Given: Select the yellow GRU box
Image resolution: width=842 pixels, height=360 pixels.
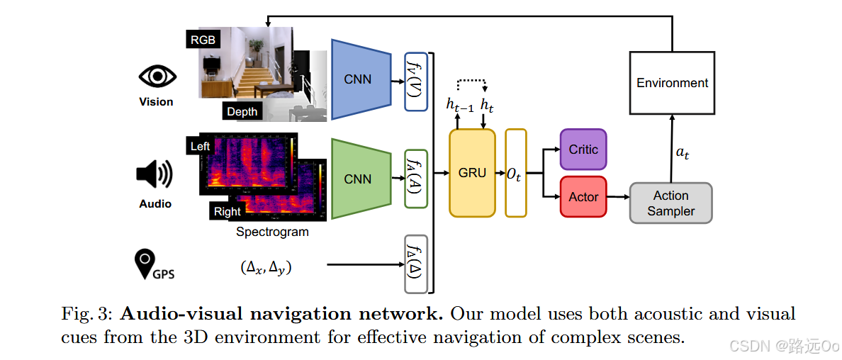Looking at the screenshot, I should (472, 173).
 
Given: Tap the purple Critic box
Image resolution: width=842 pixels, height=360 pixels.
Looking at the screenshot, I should (583, 150).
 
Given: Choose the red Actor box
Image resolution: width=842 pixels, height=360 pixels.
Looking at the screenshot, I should (583, 197).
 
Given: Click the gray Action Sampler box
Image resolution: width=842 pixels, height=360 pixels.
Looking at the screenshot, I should (670, 203).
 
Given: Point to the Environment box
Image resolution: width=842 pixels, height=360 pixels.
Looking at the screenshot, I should (672, 83).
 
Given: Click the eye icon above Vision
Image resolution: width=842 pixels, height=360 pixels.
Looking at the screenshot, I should (156, 77).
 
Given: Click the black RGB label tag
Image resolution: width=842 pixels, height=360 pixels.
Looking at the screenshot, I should (203, 40).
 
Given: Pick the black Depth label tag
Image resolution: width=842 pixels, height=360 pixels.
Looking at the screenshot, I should (242, 111).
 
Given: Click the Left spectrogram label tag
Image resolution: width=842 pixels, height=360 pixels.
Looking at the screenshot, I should (201, 147).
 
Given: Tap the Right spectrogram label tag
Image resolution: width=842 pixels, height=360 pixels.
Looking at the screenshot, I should (227, 211).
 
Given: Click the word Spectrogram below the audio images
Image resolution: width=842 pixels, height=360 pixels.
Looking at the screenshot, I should (272, 232).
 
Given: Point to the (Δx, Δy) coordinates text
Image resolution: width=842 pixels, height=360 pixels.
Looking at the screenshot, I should (267, 267).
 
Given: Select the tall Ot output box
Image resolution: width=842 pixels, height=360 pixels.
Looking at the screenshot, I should (515, 173).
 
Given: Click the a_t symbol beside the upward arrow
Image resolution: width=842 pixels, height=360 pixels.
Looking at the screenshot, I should (682, 153).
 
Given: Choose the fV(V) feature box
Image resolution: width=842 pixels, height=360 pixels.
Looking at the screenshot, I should (415, 81).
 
